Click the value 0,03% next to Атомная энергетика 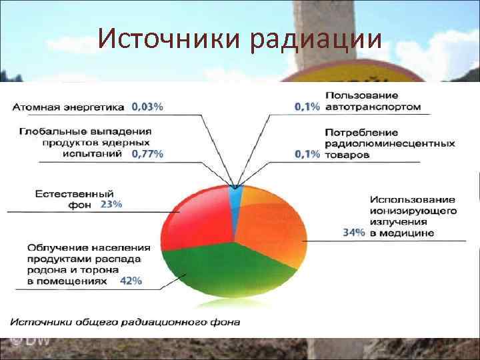(x=147, y=106)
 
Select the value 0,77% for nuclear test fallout (x=147, y=154)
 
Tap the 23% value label (x=111, y=205)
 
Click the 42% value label (x=131, y=281)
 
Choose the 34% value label (x=353, y=233)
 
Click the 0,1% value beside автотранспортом (x=307, y=107)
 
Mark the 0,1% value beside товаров (x=307, y=154)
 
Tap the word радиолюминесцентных (x=390, y=143)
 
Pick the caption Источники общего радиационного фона (x=125, y=322)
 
